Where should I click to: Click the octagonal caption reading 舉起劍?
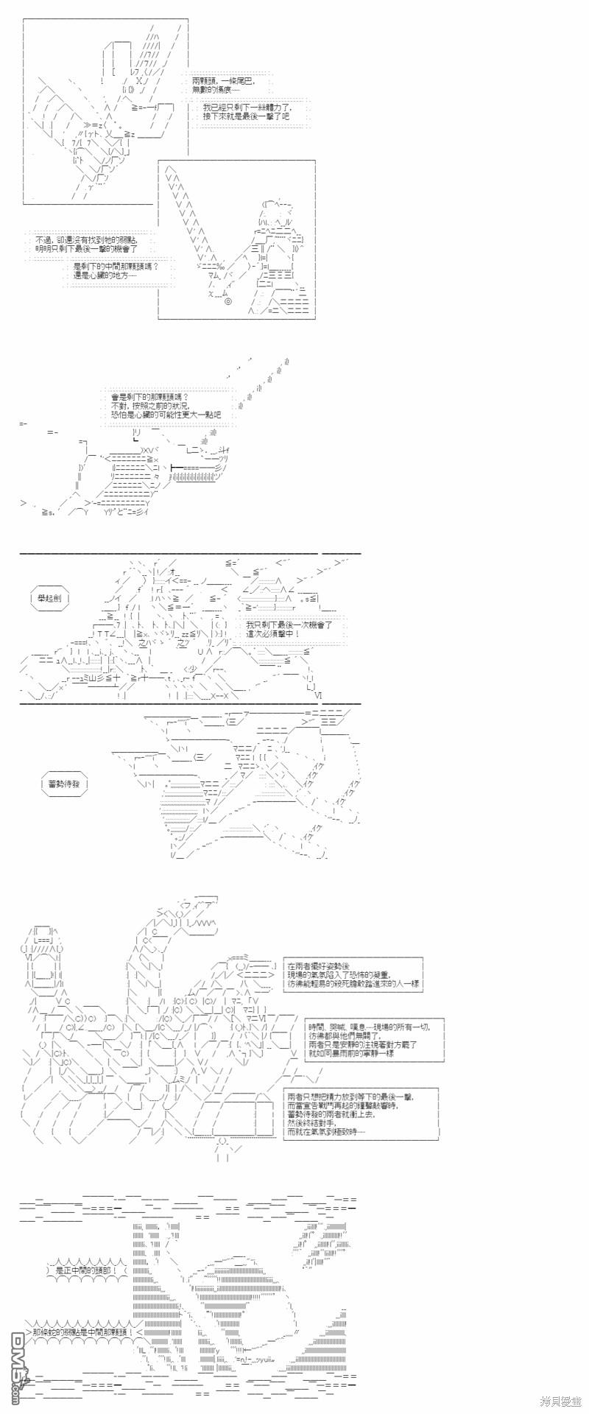point(50,598)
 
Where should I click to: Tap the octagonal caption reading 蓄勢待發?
point(63,784)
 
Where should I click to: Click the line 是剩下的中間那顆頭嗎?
point(116,267)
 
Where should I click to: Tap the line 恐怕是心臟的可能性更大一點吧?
point(166,415)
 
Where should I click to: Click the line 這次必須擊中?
point(273,633)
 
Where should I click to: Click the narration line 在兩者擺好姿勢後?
point(318,966)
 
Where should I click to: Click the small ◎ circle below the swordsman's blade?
point(228,301)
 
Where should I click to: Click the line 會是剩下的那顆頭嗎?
point(150,397)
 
